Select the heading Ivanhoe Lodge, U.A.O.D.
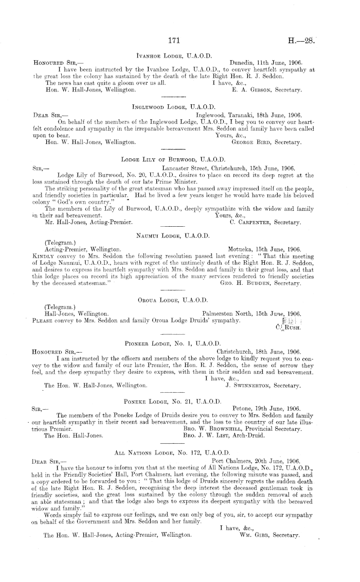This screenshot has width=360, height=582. (x=174, y=53)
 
